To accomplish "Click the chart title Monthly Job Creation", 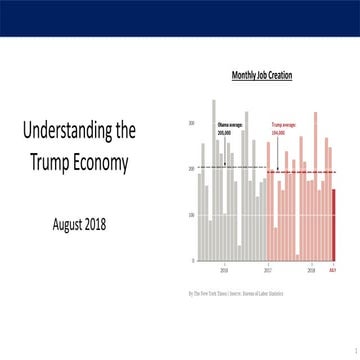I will [x=262, y=75].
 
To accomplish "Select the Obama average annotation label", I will [x=231, y=129].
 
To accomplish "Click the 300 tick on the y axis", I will [x=192, y=123].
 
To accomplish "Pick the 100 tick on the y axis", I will [x=192, y=215].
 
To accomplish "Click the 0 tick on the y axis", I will [x=194, y=260].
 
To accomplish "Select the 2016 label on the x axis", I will [x=224, y=269].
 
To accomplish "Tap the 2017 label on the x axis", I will [x=268, y=269].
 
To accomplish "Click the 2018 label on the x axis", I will [x=312, y=269].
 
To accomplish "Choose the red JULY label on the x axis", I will [x=333, y=269].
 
